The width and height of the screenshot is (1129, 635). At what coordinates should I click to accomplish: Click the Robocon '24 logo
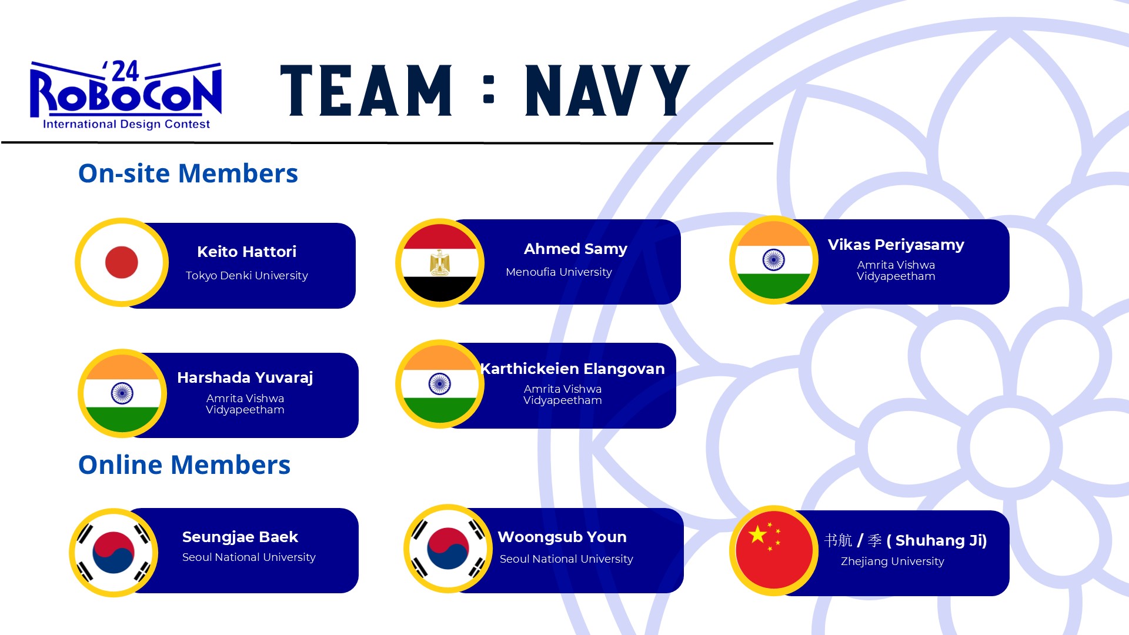click(x=126, y=94)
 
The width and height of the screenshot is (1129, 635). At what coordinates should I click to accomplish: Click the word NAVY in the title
click(x=607, y=91)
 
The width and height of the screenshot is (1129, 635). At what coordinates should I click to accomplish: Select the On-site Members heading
click(x=188, y=173)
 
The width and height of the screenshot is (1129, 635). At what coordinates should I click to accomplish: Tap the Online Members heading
click(x=185, y=465)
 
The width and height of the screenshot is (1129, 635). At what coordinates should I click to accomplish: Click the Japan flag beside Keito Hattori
click(x=122, y=262)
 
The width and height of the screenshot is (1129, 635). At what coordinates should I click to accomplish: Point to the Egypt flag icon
click(x=440, y=263)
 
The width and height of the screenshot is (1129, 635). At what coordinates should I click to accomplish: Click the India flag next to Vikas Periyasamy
click(x=774, y=260)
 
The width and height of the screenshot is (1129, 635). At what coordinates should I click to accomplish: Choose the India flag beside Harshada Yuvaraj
click(x=122, y=393)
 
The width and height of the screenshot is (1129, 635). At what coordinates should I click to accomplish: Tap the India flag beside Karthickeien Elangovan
click(x=440, y=384)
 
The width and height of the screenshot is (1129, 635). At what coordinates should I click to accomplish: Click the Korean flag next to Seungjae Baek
click(x=113, y=553)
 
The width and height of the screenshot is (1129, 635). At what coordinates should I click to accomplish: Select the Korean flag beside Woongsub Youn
click(x=448, y=549)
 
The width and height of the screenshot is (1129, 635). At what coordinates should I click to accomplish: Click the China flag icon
click(x=774, y=550)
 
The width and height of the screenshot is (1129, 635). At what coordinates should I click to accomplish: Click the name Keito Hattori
click(x=247, y=252)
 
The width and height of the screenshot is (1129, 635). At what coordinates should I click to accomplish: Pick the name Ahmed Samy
click(x=576, y=249)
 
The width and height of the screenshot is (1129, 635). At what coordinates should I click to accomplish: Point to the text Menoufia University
click(x=559, y=272)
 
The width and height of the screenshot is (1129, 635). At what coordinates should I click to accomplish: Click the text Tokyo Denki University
click(x=247, y=275)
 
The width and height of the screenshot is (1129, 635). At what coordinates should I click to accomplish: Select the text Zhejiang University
click(x=893, y=562)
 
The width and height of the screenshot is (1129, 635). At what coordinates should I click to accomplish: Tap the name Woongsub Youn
click(x=562, y=537)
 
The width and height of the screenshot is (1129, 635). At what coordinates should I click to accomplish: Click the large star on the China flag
click(x=758, y=534)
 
